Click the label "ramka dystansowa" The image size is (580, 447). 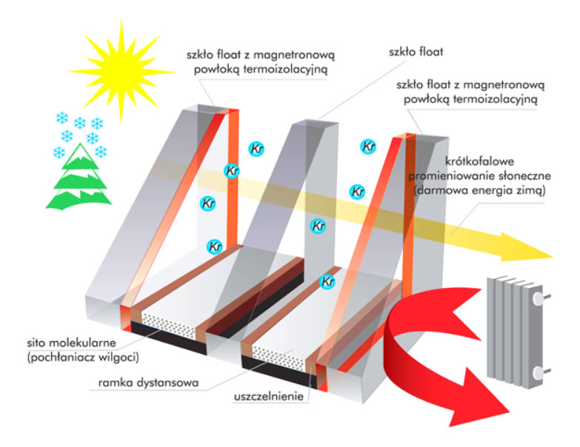tap(142, 384)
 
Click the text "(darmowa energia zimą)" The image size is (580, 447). tap(479, 190)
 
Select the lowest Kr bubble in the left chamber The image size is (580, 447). tap(214, 246)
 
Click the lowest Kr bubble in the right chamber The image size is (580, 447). tap(327, 282)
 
